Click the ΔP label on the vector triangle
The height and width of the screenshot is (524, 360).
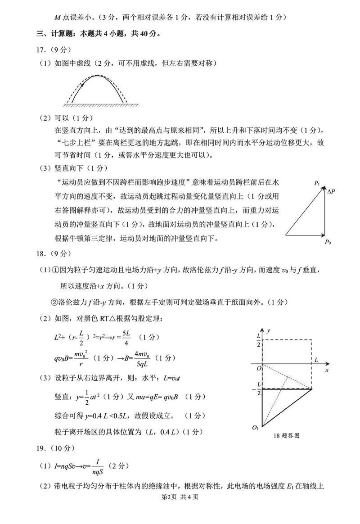click(331, 192)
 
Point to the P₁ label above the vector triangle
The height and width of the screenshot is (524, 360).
click(318, 183)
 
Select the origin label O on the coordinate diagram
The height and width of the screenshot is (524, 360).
click(258, 368)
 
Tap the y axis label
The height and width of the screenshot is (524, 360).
click(268, 330)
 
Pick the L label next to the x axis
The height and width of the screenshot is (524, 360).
click(316, 360)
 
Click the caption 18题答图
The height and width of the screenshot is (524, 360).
click(287, 436)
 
